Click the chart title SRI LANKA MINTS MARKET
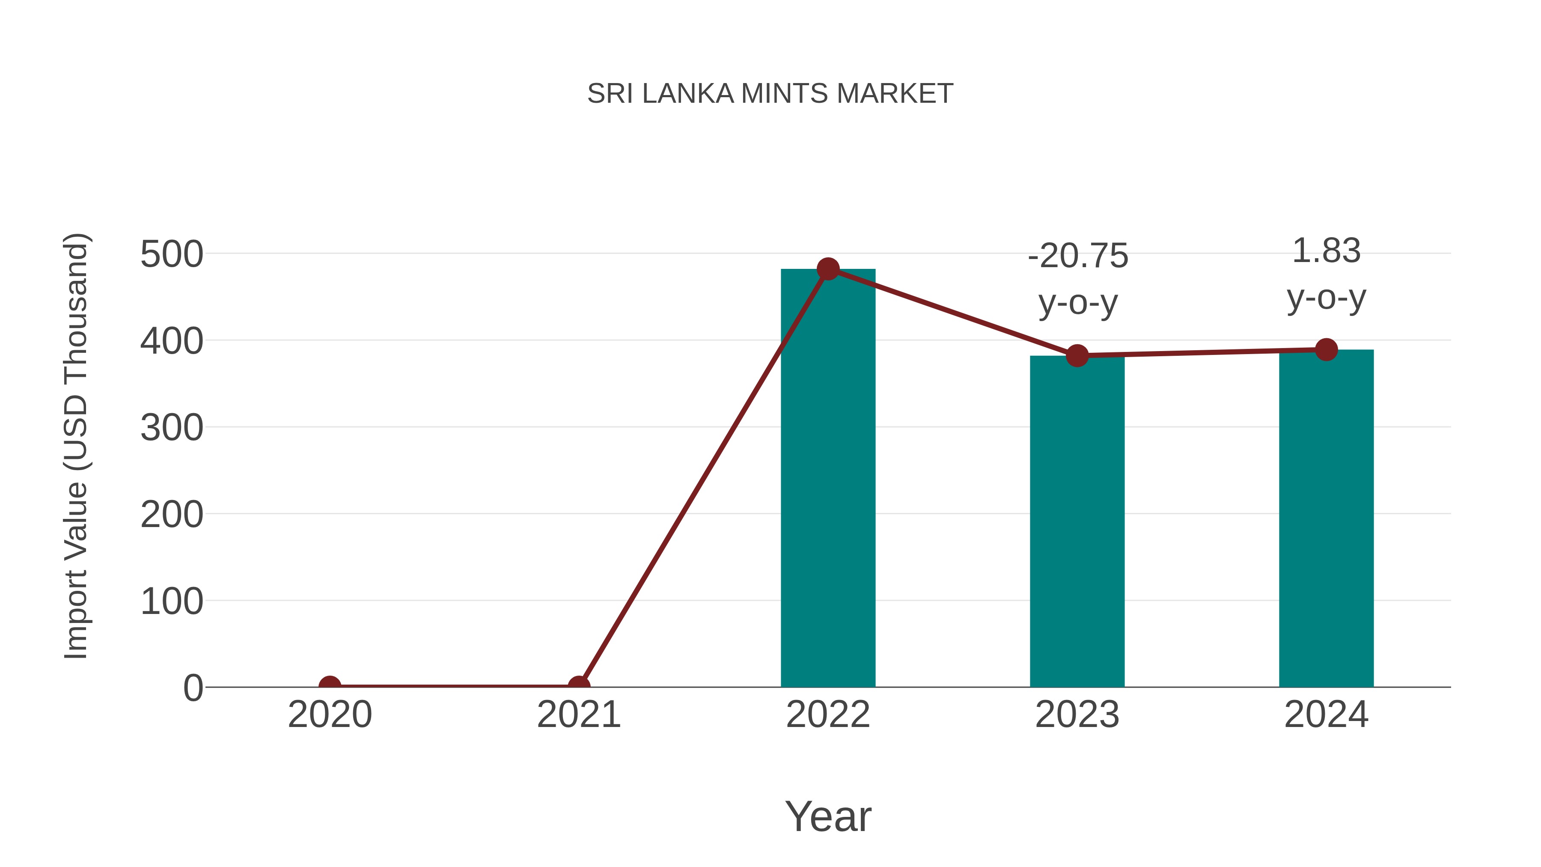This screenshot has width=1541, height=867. coord(770,94)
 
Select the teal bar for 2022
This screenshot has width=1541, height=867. coord(828,479)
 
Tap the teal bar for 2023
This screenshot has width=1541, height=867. coord(1077,521)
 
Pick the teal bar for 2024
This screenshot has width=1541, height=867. coord(1326,518)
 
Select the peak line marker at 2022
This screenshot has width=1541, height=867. coord(828,269)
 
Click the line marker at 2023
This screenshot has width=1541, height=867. coord(1077,355)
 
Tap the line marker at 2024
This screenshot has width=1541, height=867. coord(1326,349)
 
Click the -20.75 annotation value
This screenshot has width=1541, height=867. coord(1078,256)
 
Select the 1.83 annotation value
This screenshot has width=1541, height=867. coord(1326,251)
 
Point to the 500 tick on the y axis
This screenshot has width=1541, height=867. coord(172,254)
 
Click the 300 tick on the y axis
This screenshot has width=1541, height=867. coord(172,428)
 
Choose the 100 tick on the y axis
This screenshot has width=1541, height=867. coord(172,602)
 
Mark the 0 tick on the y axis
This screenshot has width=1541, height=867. coord(193,688)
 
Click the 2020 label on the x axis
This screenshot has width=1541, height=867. coord(330,715)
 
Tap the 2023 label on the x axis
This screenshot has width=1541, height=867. coord(1077,715)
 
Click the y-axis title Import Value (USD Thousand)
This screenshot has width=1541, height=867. coord(77,446)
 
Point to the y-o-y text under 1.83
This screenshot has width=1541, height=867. coord(1326,298)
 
